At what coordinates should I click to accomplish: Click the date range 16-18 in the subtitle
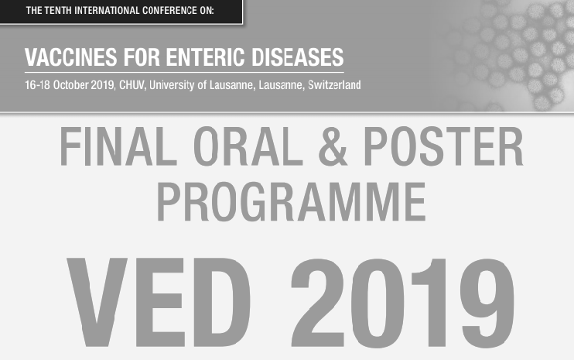[37, 84]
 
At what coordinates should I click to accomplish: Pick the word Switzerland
[334, 84]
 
